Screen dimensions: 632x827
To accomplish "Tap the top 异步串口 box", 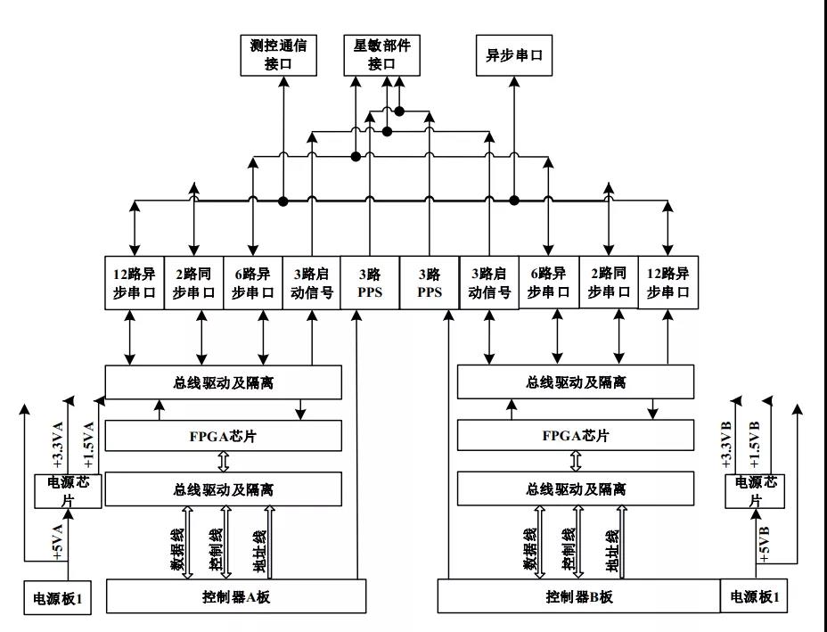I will tap(513, 55).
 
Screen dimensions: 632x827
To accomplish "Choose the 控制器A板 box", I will tap(237, 596).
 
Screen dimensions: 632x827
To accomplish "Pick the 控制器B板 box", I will tap(579, 596).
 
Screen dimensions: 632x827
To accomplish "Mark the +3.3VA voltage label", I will tap(59, 446).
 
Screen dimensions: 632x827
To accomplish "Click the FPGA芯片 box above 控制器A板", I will tap(224, 435).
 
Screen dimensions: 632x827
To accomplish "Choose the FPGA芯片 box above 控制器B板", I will tap(576, 435).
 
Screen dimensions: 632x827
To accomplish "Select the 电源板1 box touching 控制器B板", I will tap(754, 596).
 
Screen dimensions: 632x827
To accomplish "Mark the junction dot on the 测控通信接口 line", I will tap(283, 201).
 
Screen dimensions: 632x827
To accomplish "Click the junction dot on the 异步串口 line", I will tap(514, 200).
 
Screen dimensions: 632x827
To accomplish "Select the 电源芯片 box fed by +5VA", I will tap(69, 491).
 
